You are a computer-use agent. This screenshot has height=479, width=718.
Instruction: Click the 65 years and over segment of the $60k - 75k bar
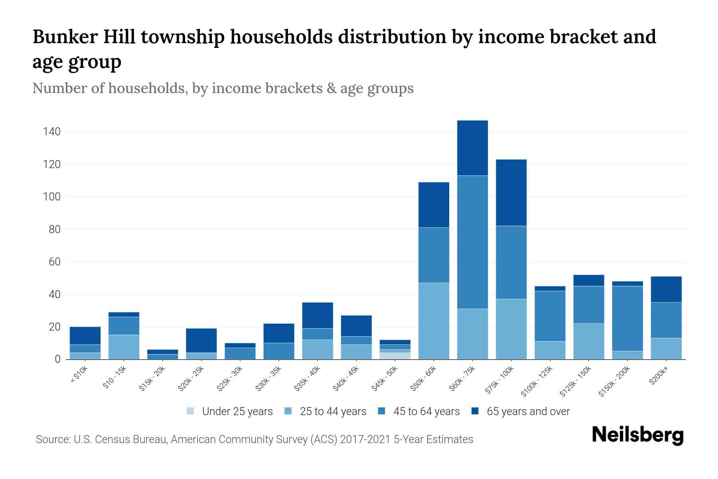(x=472, y=148)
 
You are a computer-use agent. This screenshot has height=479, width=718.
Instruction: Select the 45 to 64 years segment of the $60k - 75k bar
(x=472, y=242)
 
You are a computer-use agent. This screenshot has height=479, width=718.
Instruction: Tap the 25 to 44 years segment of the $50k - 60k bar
(x=434, y=321)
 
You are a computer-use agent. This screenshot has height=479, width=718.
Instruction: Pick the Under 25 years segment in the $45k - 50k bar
(x=395, y=356)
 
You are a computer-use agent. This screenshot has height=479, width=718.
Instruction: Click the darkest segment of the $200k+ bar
(x=666, y=289)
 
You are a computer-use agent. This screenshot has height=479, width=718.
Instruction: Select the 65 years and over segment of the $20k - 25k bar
(x=201, y=340)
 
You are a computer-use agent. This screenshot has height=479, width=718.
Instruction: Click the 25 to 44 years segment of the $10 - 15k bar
(x=124, y=347)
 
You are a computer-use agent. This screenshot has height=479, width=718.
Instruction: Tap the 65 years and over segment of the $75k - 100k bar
(x=511, y=193)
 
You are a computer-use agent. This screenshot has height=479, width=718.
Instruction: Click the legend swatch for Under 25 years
(x=191, y=411)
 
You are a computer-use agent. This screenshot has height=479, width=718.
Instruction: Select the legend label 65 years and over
(x=528, y=412)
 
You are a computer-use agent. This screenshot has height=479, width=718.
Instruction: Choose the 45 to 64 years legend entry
(x=426, y=412)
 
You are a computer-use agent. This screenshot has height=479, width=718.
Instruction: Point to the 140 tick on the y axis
(x=52, y=132)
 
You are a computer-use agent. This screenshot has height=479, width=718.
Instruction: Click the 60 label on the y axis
(x=55, y=262)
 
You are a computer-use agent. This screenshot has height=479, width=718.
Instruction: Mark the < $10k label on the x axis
(x=80, y=375)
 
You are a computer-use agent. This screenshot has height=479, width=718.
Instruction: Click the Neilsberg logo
(x=637, y=435)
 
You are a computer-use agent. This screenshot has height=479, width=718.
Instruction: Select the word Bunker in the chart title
(x=65, y=37)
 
